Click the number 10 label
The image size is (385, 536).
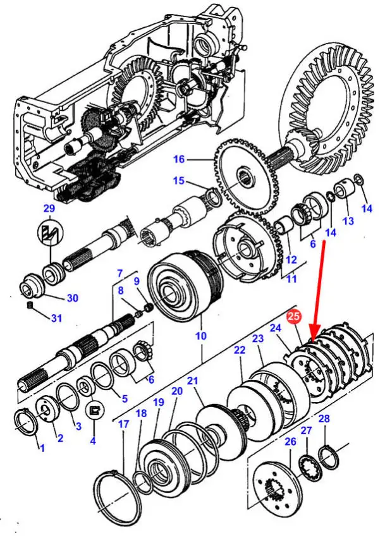(200, 336)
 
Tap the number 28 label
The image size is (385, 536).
(324, 418)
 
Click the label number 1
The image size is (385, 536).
(42, 448)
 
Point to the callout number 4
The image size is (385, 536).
(93, 441)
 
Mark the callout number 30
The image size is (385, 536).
(73, 298)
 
